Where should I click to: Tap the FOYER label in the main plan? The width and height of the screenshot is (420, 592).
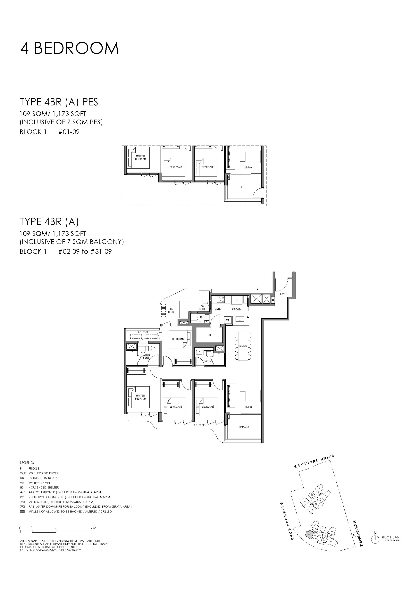click(x=283, y=294)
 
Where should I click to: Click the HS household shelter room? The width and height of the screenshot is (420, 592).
click(x=209, y=335)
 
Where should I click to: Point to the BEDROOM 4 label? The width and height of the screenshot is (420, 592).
click(x=178, y=339)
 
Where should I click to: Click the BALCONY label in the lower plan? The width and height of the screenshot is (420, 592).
click(x=244, y=427)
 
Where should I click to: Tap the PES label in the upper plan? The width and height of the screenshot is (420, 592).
click(x=242, y=187)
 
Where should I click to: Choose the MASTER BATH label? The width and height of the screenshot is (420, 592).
click(x=146, y=357)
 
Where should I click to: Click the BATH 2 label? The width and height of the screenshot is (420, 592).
click(x=207, y=361)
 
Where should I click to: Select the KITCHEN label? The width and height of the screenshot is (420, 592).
click(x=236, y=309)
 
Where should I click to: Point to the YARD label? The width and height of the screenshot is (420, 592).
click(x=217, y=309)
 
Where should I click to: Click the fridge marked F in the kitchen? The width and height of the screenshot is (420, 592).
click(x=237, y=300)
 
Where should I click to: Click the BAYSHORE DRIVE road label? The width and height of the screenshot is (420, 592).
click(x=314, y=461)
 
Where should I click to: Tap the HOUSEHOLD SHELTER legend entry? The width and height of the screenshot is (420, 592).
click(x=44, y=487)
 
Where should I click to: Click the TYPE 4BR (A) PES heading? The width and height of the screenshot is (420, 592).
click(x=59, y=102)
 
